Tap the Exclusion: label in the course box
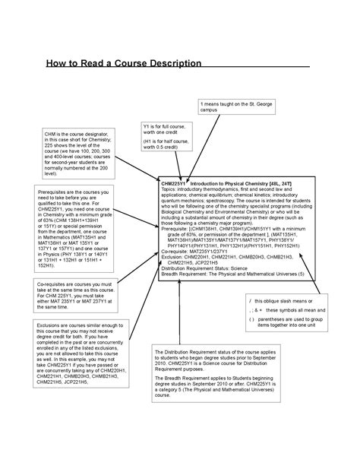(175, 257)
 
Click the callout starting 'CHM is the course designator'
(73, 153)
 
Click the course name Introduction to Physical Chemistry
(229, 184)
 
